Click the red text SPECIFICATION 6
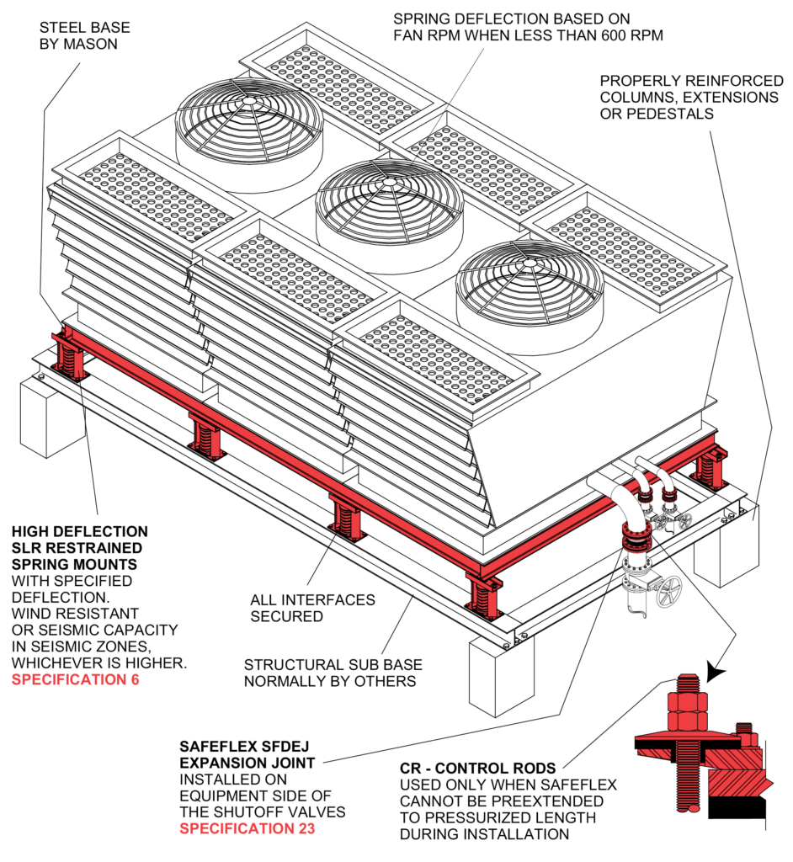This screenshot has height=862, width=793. tap(75, 679)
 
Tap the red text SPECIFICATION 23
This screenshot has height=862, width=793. tap(244, 829)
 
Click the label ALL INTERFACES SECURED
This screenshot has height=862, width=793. tap(312, 608)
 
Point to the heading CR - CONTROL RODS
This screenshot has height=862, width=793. tap(477, 768)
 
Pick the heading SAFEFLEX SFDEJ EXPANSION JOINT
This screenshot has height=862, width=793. tap(247, 754)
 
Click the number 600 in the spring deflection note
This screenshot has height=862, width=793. tap(568, 35)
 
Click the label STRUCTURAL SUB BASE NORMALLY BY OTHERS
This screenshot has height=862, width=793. tap(330, 672)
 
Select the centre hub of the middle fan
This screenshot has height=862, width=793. tap(389, 182)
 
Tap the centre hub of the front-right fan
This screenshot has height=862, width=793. tap(530, 264)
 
